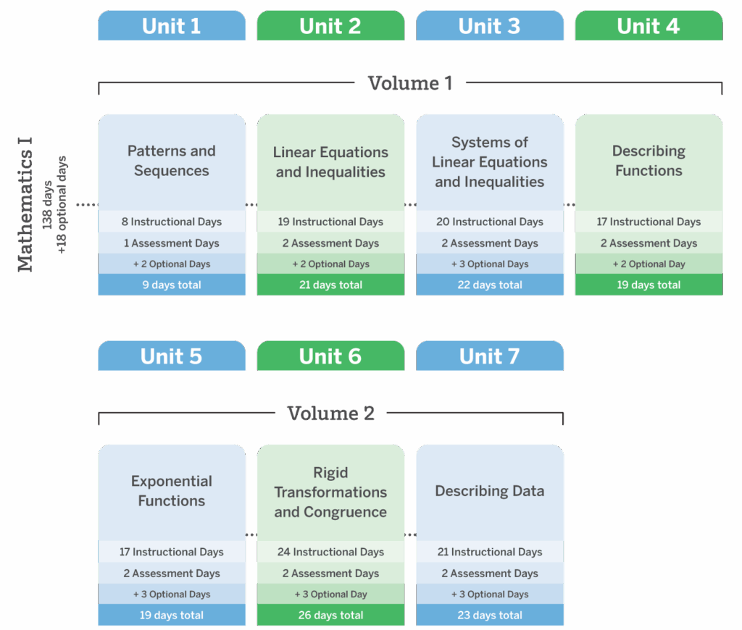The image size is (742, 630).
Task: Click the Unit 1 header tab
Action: click(x=172, y=26)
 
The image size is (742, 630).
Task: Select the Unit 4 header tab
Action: click(x=649, y=26)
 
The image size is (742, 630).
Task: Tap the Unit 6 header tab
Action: click(x=330, y=356)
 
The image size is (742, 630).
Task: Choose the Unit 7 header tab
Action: click(x=490, y=356)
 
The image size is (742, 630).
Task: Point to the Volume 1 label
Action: click(x=410, y=83)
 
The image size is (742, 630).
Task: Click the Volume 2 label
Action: click(x=330, y=413)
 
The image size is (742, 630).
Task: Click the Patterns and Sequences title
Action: click(x=172, y=161)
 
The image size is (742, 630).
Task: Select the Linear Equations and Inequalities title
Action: click(x=330, y=162)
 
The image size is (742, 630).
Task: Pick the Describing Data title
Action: click(x=490, y=491)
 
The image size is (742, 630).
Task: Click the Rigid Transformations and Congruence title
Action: click(x=330, y=492)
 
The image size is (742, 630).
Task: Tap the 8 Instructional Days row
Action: click(x=172, y=222)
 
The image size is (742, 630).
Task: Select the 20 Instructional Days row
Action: click(x=490, y=222)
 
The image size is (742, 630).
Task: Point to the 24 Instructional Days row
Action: click(x=330, y=552)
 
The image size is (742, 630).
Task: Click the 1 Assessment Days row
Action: click(x=172, y=243)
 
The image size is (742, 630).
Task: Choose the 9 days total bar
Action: click(x=172, y=285)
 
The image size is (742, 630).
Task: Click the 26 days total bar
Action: click(x=330, y=616)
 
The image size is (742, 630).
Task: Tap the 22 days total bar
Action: click(x=490, y=285)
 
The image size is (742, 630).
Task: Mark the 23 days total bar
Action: click(x=490, y=616)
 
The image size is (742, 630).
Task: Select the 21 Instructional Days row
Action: click(x=490, y=552)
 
